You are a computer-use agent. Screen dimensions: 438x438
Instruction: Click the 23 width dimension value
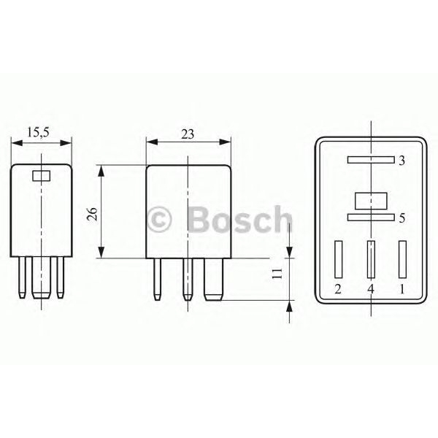[188, 132]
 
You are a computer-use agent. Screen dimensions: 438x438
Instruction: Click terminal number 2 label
[337, 290]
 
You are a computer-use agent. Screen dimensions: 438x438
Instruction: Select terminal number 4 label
[370, 290]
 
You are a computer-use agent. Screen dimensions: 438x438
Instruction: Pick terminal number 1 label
[402, 290]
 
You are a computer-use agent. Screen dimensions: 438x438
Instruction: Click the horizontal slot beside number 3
[370, 159]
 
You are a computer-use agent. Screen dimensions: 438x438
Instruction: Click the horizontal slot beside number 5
[370, 217]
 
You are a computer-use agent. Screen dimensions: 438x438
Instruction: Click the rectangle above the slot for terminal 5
[370, 199]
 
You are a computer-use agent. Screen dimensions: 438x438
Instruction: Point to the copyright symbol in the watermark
[159, 219]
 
